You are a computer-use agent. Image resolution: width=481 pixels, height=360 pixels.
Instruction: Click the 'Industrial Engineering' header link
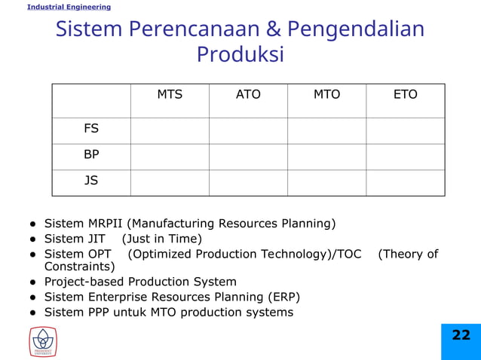[69, 7]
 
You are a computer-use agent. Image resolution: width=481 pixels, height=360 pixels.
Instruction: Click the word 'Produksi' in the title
[240, 54]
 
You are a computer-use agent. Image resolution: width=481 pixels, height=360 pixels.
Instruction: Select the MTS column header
[170, 95]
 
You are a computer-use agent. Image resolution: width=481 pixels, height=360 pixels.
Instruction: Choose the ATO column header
[248, 95]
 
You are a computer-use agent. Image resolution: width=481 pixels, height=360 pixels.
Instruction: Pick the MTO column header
[326, 95]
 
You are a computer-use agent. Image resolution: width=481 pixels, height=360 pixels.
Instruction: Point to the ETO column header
[406, 95]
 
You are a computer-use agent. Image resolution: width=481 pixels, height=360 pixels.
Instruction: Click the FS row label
[91, 129]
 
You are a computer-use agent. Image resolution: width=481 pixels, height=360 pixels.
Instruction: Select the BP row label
[91, 155]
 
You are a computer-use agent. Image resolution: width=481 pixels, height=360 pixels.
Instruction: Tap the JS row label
[91, 181]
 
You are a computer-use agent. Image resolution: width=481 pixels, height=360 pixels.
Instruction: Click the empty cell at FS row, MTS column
[170, 130]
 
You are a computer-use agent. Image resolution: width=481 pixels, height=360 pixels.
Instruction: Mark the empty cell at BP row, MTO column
[326, 157]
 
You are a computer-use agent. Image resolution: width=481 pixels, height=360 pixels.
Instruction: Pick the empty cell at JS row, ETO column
[406, 182]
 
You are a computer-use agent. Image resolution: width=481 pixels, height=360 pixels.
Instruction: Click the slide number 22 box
[461, 336]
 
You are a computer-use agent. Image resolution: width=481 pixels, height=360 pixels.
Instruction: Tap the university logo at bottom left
[43, 341]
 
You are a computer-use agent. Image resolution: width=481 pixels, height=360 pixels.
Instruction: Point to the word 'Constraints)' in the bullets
[80, 267]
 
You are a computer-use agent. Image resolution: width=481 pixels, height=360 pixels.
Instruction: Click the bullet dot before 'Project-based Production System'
[33, 282]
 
